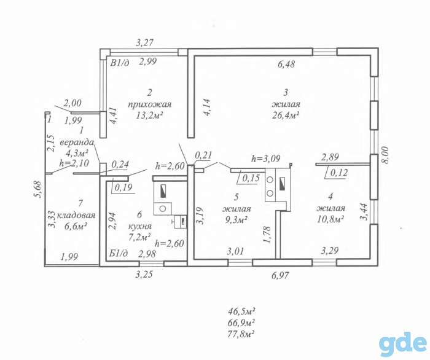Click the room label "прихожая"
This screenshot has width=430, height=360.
click(x=150, y=104)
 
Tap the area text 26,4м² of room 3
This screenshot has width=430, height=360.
click(x=285, y=115)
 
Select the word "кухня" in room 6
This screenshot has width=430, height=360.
click(x=140, y=226)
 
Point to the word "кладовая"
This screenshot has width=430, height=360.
click(x=77, y=215)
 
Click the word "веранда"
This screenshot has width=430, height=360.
click(x=77, y=143)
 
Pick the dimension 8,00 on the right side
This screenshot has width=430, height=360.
click(x=386, y=155)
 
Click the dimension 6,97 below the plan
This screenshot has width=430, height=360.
click(x=280, y=275)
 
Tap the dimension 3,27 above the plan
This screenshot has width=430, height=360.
click(x=145, y=42)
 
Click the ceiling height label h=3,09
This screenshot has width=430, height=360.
click(x=266, y=158)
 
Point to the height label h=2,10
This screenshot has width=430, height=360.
click(x=74, y=163)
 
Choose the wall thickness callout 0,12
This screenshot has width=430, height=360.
click(x=339, y=173)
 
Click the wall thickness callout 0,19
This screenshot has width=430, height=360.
click(x=123, y=187)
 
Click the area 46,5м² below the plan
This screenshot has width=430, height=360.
click(x=241, y=311)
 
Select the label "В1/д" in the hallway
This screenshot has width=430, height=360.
click(x=120, y=63)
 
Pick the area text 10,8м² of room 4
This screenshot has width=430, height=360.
click(x=330, y=219)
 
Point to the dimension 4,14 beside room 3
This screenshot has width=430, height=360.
click(x=207, y=108)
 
